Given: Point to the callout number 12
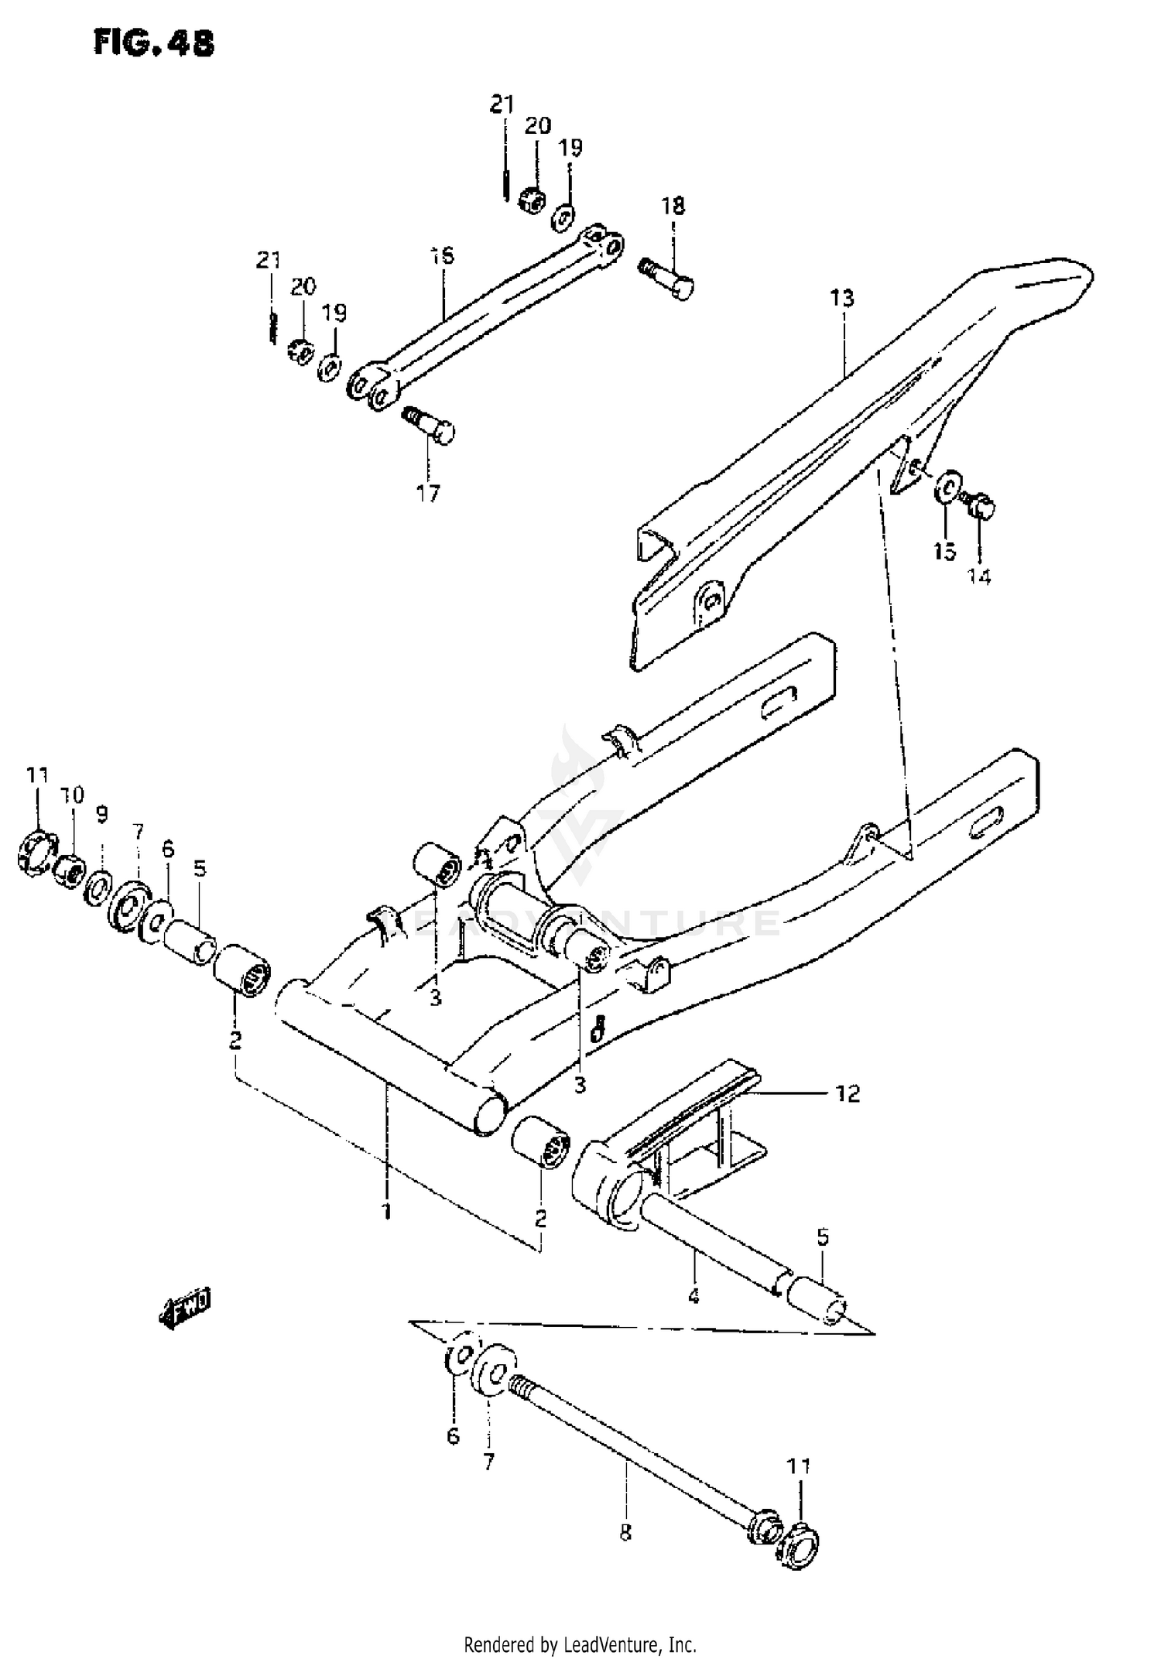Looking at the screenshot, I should coord(848,1093).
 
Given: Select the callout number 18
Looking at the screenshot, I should coord(673,207).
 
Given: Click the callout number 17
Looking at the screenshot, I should coord(427,493).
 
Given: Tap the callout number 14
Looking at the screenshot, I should coord(979,576).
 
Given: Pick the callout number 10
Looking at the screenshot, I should coord(72,795).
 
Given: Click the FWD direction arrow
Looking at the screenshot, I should coord(184,1310).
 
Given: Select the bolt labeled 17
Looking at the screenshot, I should coord(431,425).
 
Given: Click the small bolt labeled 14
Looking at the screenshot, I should coord(980,506).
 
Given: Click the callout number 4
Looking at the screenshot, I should coord(693,1295).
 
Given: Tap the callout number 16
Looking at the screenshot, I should coord(442,256).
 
